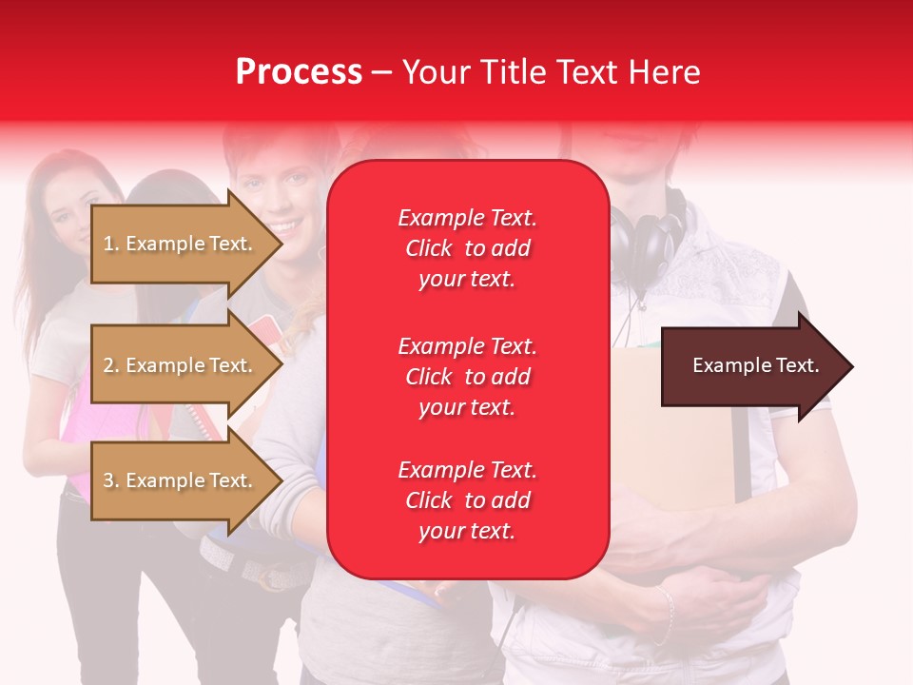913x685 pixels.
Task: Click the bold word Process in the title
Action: click(x=299, y=72)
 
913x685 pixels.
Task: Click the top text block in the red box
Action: click(x=467, y=248)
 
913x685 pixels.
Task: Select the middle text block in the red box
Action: click(x=467, y=377)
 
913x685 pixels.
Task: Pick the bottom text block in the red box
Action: click(x=467, y=500)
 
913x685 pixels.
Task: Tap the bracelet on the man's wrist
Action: click(x=665, y=614)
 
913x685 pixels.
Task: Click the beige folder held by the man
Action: click(x=666, y=428)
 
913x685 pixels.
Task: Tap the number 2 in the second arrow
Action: click(x=108, y=365)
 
